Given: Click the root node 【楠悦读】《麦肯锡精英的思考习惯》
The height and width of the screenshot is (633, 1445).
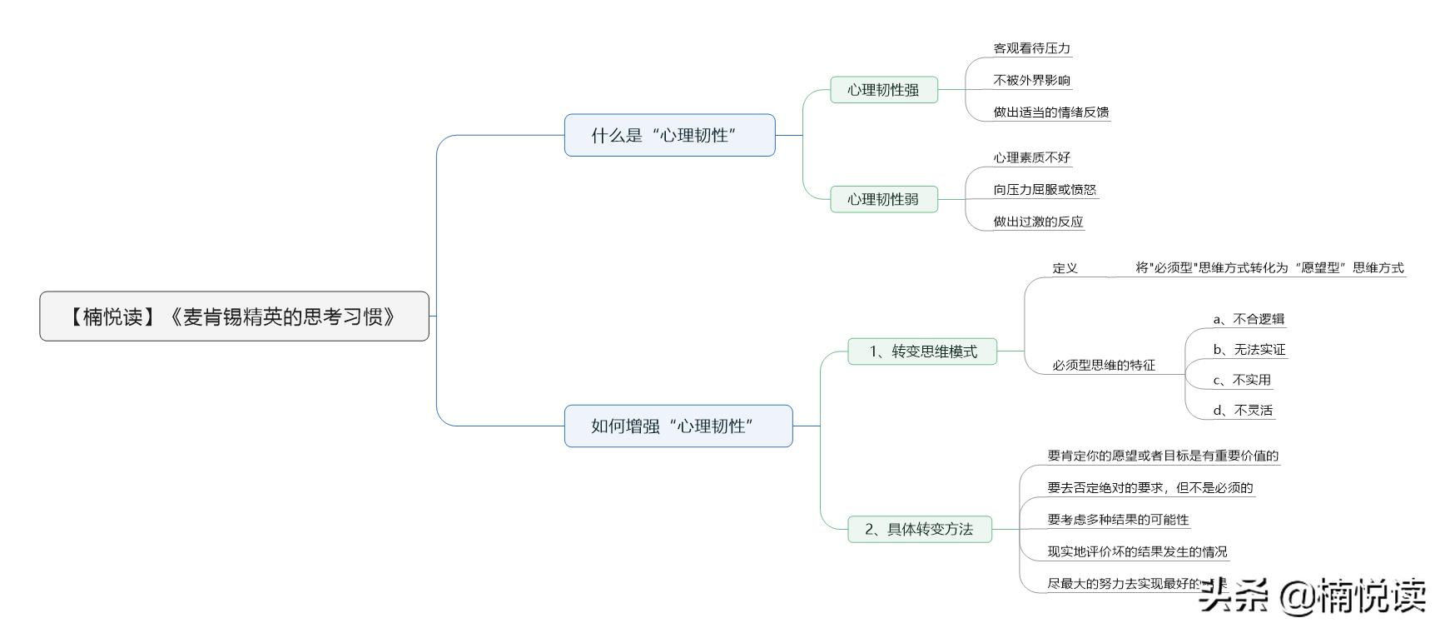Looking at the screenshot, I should point(234,316).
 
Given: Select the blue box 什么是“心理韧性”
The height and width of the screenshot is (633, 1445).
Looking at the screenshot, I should point(669,136).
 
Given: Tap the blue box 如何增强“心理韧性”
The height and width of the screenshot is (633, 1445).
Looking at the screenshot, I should point(678,426).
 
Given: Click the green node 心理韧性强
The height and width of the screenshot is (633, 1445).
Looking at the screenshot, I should point(883,90).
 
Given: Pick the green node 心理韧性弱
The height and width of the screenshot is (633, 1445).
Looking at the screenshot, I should point(883,199).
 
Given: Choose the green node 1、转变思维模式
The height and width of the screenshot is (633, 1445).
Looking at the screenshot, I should point(922,351).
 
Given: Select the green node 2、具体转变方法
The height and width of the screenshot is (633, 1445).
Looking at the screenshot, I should point(919,529).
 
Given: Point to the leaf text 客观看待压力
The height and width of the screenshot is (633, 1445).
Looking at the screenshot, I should point(1031,48).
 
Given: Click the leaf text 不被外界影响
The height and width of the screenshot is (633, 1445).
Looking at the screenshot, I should point(1031,80).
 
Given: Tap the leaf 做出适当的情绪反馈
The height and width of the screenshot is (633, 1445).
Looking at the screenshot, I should point(1050,112).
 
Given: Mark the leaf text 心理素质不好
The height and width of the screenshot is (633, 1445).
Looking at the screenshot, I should point(1031,157).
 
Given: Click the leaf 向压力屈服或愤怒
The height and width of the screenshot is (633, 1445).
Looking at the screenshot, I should point(1045,189).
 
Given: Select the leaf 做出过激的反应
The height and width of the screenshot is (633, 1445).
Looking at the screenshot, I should point(1038,222).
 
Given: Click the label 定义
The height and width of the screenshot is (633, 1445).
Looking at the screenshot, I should point(1065,268).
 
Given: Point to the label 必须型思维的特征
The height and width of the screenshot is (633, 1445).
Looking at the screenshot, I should point(1104,365).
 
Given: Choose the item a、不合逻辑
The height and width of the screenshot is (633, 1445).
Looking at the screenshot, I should point(1249,319).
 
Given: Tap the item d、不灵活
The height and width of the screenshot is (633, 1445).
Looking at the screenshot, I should point(1243,410).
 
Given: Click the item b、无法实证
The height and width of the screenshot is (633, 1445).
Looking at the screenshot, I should point(1249,350).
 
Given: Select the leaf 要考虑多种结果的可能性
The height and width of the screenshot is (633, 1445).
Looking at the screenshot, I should point(1118,520).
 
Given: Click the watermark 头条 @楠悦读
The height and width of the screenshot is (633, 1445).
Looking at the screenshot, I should point(1312,596).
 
